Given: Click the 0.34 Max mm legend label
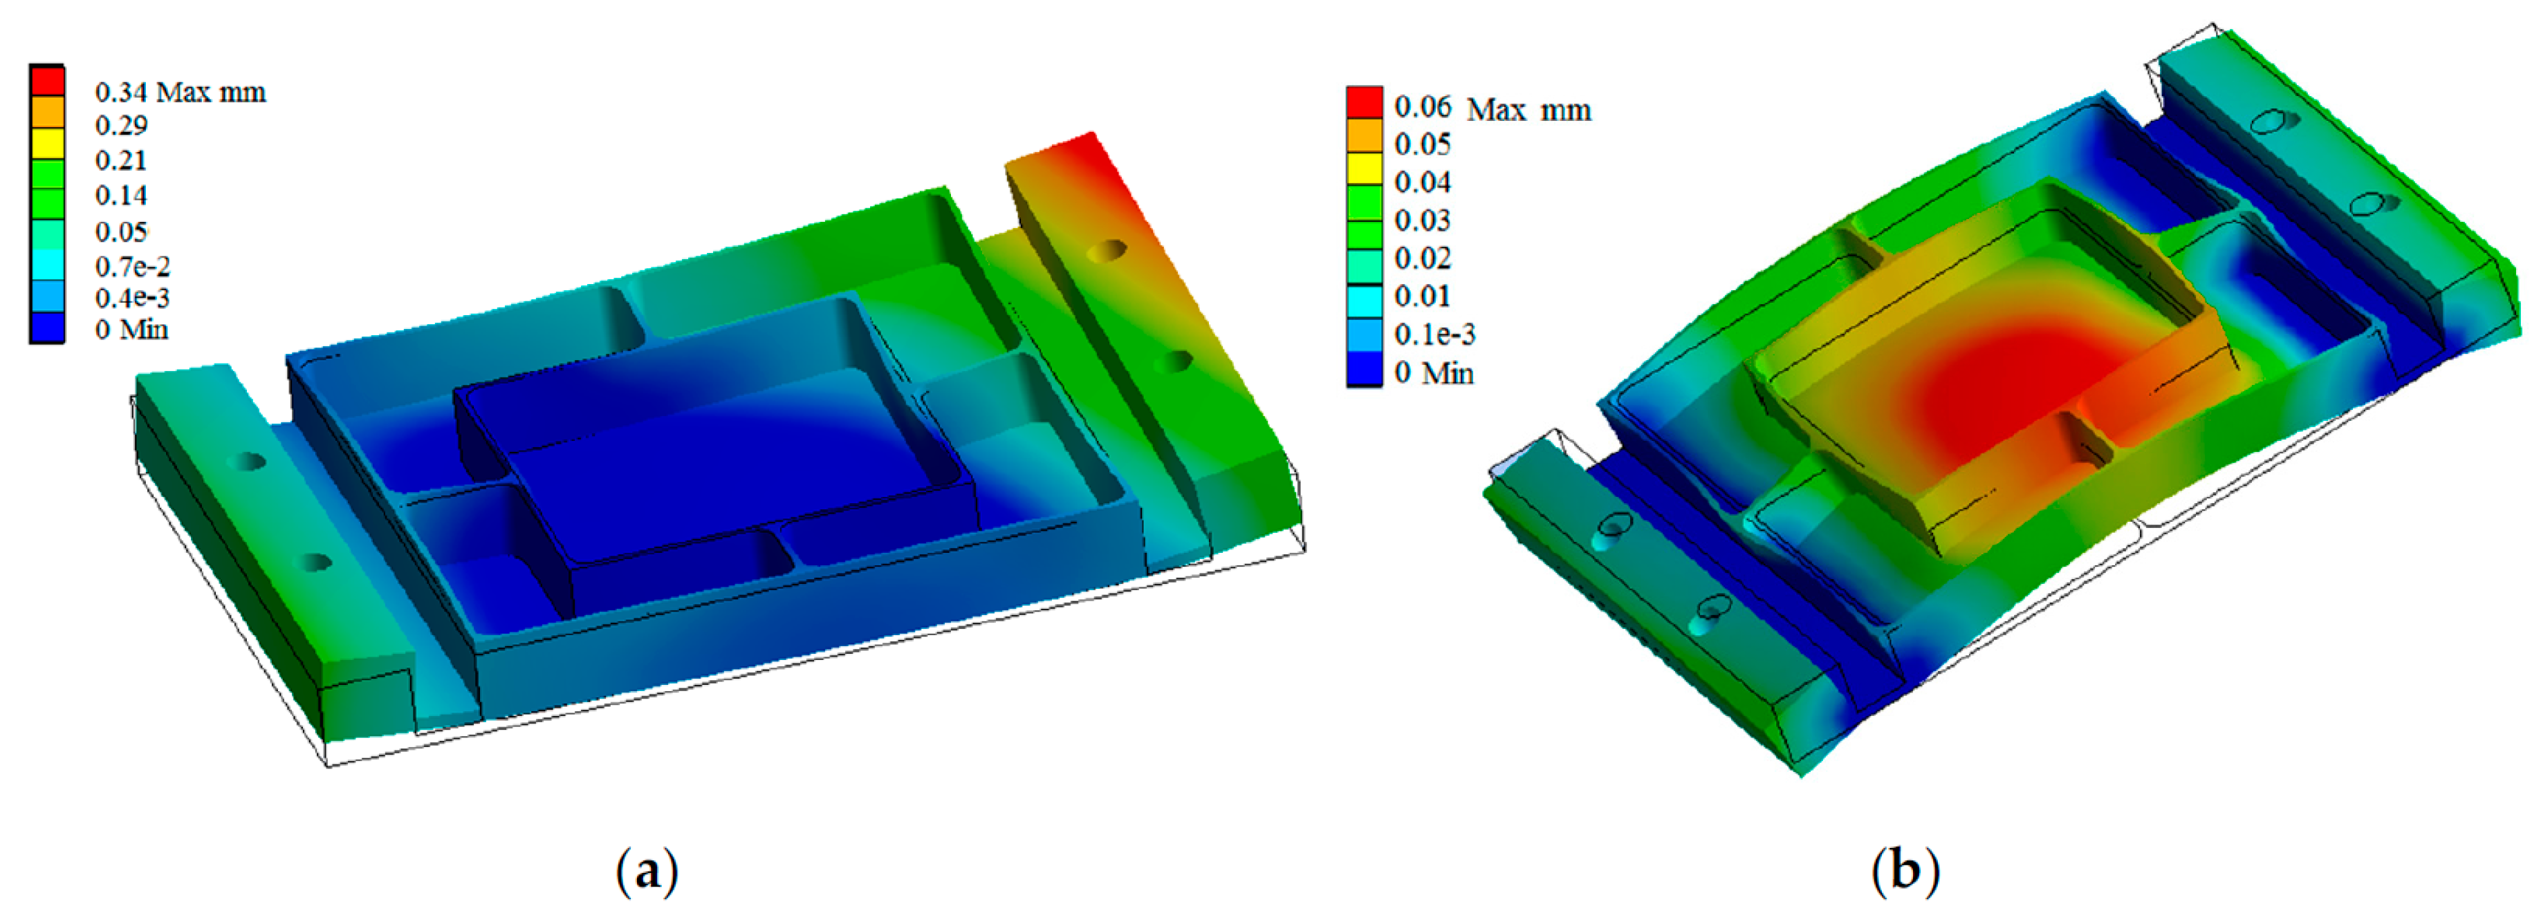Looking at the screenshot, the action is click(x=181, y=92).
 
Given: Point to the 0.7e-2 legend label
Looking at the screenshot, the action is click(x=132, y=266).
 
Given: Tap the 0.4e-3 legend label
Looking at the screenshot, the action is click(x=132, y=298).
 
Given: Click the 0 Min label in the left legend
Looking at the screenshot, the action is click(x=132, y=330).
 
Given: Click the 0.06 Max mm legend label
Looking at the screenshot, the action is click(x=1493, y=108).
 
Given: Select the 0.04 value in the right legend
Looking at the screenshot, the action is click(x=1423, y=182).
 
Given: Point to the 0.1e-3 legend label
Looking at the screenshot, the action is click(x=1434, y=335).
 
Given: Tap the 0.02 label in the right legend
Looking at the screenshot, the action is click(x=1423, y=258).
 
